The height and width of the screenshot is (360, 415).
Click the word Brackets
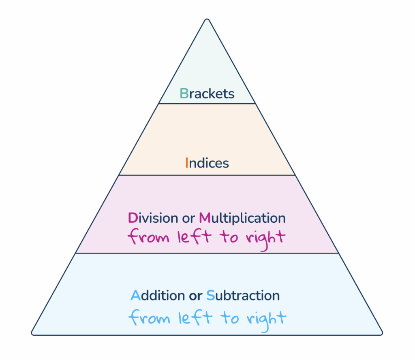(207, 94)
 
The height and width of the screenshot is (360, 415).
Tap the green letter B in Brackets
(184, 94)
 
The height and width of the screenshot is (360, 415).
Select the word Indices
(207, 163)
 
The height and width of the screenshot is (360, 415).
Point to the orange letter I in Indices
(186, 163)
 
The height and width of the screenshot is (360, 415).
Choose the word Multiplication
(242, 218)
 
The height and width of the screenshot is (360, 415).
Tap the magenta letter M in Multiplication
(205, 218)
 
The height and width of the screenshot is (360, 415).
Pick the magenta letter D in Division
(133, 218)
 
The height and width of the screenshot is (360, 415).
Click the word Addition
(158, 295)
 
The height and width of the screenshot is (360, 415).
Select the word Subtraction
(243, 295)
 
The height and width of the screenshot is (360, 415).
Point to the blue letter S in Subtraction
(210, 295)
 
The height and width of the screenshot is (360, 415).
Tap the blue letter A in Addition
(135, 295)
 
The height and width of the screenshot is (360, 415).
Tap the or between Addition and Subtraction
(195, 296)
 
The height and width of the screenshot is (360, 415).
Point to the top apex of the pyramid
(207, 19)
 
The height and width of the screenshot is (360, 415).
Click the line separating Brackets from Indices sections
(207, 104)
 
